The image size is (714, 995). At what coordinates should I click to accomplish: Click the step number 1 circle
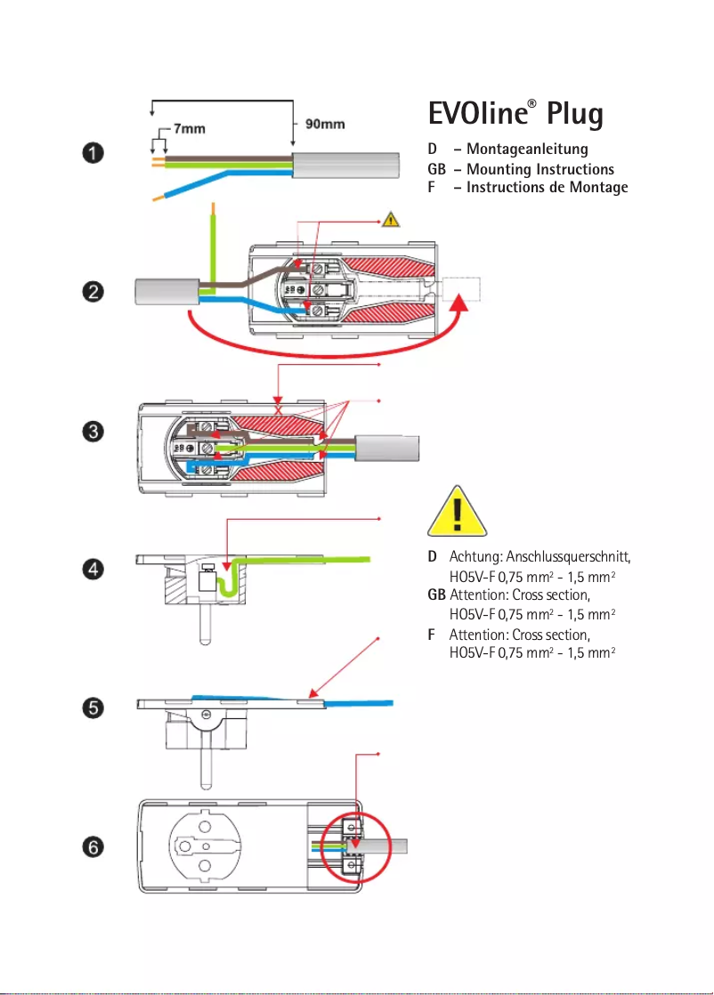coord(90,152)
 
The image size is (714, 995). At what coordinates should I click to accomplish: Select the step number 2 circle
coord(90,291)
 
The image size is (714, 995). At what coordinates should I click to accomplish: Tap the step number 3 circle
coord(90,432)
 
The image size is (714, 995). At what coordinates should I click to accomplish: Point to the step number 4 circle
coord(90,569)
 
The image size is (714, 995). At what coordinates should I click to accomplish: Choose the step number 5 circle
coord(90,708)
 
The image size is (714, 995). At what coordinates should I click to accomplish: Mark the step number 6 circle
coord(90,848)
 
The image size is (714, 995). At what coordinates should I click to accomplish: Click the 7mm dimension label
coord(189,128)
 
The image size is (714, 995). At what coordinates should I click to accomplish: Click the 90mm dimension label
coord(325,124)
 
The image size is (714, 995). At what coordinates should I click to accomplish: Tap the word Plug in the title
coord(575,116)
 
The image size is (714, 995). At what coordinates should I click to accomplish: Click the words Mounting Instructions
coord(540,168)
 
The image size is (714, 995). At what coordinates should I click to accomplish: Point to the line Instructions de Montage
coord(547,187)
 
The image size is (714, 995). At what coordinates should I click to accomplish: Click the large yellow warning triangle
coord(458,514)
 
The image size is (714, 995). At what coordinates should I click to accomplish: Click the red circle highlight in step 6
coord(353,846)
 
